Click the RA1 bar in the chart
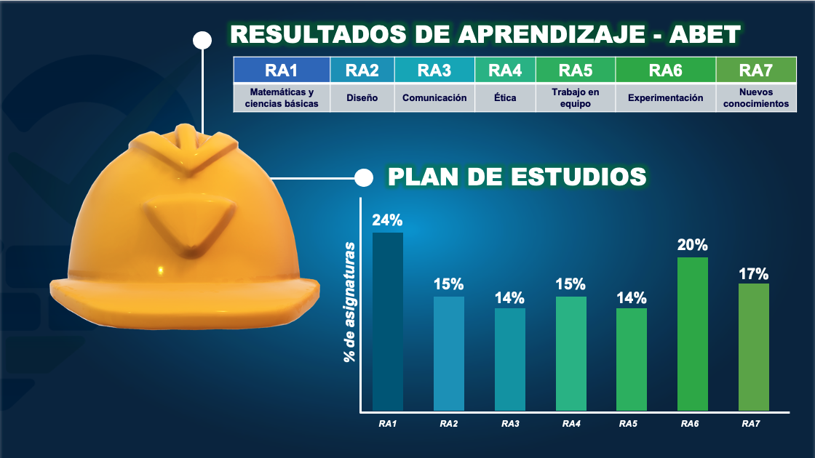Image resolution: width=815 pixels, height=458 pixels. (x=388, y=322)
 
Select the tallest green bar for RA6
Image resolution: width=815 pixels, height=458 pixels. (x=692, y=334)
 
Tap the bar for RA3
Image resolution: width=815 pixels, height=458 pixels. (x=510, y=359)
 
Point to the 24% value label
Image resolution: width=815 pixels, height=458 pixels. (x=387, y=220)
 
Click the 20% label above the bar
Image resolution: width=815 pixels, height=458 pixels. (x=692, y=245)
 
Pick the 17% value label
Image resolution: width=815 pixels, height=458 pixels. (x=754, y=273)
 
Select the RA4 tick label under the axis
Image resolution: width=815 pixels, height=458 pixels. (x=571, y=424)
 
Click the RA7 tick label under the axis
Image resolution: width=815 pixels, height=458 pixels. (x=750, y=424)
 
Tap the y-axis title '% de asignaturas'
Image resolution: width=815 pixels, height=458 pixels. (x=350, y=302)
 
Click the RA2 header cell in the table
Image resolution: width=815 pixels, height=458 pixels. (x=362, y=70)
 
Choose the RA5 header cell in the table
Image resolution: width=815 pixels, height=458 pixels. (x=576, y=70)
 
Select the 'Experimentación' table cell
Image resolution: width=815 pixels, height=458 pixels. (x=665, y=97)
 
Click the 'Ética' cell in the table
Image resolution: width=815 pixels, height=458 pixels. (x=505, y=97)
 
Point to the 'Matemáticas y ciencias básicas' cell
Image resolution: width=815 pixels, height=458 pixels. (x=282, y=97)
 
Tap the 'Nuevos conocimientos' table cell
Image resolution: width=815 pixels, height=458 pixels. (x=756, y=97)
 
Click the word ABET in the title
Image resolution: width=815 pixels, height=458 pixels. (x=704, y=35)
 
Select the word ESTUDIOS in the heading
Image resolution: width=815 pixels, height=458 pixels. (x=579, y=177)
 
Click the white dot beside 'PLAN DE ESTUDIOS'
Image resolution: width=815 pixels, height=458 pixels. (x=364, y=177)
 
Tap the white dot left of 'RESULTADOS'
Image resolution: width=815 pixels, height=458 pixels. (x=202, y=41)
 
